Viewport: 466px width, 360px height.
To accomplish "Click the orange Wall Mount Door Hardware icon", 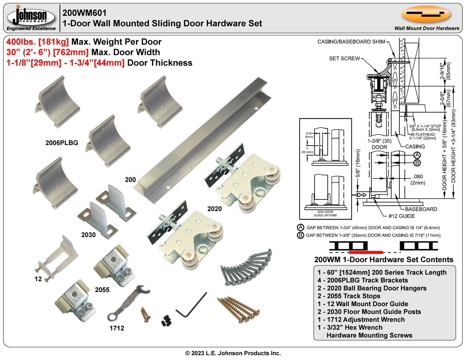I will [426, 14].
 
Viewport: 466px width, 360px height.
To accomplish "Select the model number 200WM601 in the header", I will [84, 13].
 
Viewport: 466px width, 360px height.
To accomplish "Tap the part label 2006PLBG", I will [62, 143].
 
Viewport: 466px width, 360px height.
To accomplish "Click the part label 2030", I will [88, 235].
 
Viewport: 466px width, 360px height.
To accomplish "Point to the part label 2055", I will [102, 290].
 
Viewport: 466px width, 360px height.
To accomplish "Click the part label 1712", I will [117, 328].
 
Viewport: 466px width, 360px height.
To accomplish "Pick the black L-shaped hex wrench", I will [191, 305].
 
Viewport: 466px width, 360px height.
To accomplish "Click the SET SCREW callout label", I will [344, 58].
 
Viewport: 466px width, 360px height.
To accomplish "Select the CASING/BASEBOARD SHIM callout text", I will [351, 42].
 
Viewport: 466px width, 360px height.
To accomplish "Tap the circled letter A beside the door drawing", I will [417, 155].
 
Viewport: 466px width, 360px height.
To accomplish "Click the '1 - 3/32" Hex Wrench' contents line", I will [350, 327].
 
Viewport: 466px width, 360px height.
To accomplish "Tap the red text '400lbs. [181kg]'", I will [38, 42].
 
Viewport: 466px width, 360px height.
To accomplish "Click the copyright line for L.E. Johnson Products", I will [233, 353].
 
